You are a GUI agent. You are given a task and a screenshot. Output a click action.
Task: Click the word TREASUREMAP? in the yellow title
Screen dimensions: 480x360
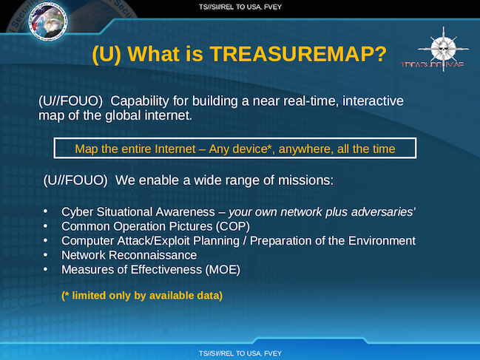click(298, 54)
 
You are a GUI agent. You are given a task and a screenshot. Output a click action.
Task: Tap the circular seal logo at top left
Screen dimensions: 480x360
click(48, 21)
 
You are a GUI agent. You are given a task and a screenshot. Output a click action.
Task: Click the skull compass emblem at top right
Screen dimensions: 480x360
click(443, 49)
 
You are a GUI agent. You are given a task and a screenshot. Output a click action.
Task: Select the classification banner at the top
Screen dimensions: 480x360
click(240, 7)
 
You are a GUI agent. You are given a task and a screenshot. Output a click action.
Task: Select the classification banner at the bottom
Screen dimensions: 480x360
click(240, 353)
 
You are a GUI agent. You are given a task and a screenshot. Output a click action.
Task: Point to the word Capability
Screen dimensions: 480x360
click(140, 101)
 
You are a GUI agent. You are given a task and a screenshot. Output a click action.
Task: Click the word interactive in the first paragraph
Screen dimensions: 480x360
click(373, 101)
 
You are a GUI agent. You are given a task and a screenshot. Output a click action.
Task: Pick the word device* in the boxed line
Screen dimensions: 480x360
click(253, 149)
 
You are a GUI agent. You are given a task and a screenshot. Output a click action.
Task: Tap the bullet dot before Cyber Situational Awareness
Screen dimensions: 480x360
click(45, 211)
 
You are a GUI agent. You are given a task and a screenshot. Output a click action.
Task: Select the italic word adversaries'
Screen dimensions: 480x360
click(383, 211)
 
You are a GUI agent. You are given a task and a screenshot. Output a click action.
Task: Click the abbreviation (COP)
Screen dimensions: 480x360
click(233, 226)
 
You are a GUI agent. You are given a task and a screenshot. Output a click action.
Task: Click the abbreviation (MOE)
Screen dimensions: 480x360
click(223, 270)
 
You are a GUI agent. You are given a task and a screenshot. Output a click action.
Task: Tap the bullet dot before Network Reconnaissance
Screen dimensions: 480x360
click(45, 254)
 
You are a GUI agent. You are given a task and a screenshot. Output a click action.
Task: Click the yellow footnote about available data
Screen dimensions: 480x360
click(142, 296)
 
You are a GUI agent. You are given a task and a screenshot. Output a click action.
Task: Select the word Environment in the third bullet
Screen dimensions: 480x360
click(382, 241)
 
